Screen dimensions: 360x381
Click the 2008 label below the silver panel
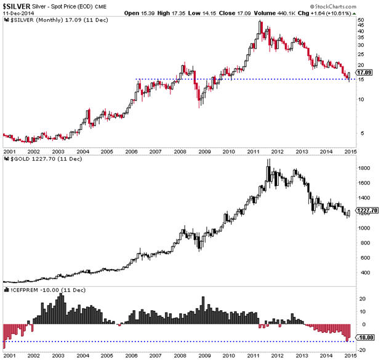tap(179, 151)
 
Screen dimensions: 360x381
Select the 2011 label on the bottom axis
tap(252, 355)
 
